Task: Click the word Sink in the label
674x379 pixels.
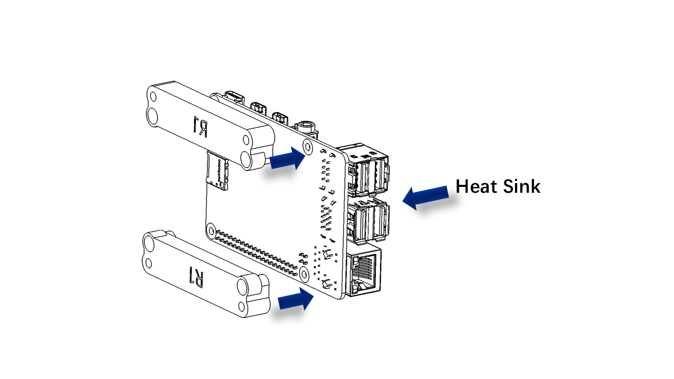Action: pyautogui.click(x=522, y=186)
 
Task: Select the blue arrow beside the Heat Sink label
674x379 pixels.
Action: pyautogui.click(x=425, y=197)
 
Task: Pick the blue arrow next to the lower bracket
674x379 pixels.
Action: pyautogui.click(x=295, y=299)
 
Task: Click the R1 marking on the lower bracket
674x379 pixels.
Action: pyautogui.click(x=197, y=276)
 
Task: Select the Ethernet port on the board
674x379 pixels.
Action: pyautogui.click(x=364, y=271)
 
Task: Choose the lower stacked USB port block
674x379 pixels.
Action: pyautogui.click(x=369, y=220)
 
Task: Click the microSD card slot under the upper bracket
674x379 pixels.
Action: pyautogui.click(x=217, y=171)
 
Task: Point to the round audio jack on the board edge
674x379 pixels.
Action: pyautogui.click(x=306, y=127)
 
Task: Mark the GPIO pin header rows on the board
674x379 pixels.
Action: pyautogui.click(x=256, y=252)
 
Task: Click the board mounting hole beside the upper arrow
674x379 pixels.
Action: pyautogui.click(x=308, y=146)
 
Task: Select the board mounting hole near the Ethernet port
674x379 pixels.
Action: pyautogui.click(x=304, y=274)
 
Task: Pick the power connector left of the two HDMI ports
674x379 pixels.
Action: pyautogui.click(x=234, y=96)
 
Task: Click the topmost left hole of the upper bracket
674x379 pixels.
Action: pyautogui.click(x=153, y=97)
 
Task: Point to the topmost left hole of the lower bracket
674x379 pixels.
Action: pyautogui.click(x=149, y=242)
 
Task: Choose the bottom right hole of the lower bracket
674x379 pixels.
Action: pyautogui.click(x=241, y=306)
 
